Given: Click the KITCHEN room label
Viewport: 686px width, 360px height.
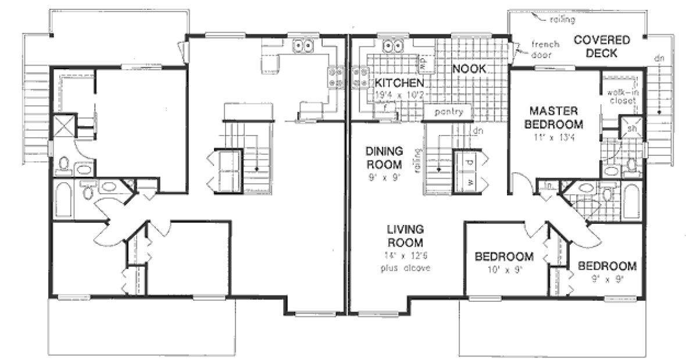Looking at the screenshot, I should pyautogui.click(x=398, y=82).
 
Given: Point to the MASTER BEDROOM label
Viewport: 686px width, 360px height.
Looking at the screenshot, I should pyautogui.click(x=553, y=117).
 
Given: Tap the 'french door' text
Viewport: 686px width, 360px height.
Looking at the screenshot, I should pyautogui.click(x=544, y=49).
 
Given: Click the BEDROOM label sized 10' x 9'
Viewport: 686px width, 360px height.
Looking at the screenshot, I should pyautogui.click(x=504, y=256).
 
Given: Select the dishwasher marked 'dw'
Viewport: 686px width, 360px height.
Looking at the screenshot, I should pyautogui.click(x=423, y=59).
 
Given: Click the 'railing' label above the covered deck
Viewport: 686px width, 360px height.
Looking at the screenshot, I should pyautogui.click(x=563, y=20).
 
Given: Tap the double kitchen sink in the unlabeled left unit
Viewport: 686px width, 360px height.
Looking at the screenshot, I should pyautogui.click(x=303, y=45).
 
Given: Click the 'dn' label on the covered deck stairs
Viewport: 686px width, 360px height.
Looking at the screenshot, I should pyautogui.click(x=659, y=58).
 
